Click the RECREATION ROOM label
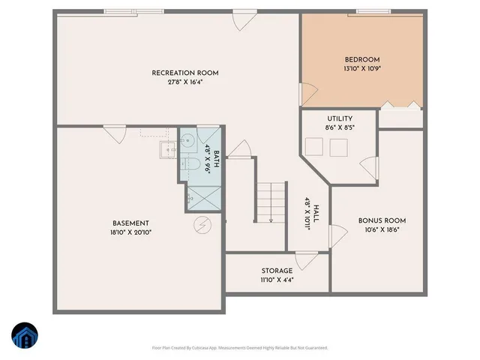pyautogui.click(x=184, y=73)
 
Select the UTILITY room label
pyautogui.click(x=340, y=118)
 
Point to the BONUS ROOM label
pyautogui.click(x=382, y=220)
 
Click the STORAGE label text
pyautogui.click(x=277, y=271)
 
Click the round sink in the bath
pyautogui.click(x=188, y=141)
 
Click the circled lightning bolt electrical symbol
pyautogui.click(x=201, y=223)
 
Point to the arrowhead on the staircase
pyautogui.click(x=270, y=220)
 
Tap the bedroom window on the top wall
pyautogui.click(x=373, y=11)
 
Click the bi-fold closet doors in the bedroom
pyautogui.click(x=398, y=106)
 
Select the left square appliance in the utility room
pyautogui.click(x=315, y=148)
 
